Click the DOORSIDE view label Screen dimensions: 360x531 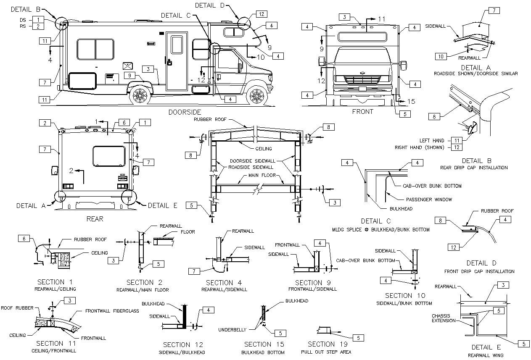(185, 112)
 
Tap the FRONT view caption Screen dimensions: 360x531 (362, 111)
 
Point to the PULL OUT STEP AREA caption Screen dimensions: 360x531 (326, 352)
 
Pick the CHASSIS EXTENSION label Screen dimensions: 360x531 (443, 318)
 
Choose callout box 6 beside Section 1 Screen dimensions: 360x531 (24, 238)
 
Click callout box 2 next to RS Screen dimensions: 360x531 (38, 26)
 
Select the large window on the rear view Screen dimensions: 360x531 (109, 156)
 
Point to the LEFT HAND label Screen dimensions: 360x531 (432, 140)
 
